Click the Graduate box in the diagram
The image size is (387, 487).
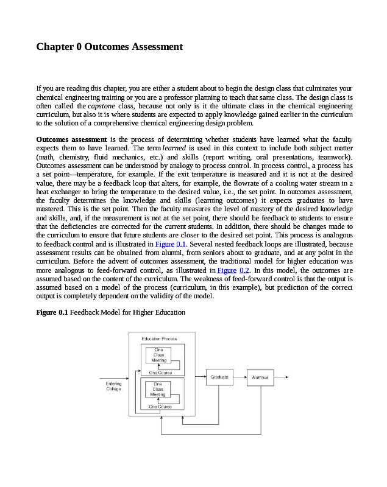pos(219,377)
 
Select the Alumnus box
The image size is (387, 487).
pos(260,377)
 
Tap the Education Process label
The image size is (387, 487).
pos(159,338)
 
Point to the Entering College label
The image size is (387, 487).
pos(113,387)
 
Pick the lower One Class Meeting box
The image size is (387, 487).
pos(158,390)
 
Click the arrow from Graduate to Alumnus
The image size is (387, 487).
pos(240,377)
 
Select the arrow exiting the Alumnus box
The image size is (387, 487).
pos(281,377)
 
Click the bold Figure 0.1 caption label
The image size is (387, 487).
pos(52,313)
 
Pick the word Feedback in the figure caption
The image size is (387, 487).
pos(85,313)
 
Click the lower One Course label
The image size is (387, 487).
pos(160,406)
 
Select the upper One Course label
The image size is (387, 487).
pos(160,372)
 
